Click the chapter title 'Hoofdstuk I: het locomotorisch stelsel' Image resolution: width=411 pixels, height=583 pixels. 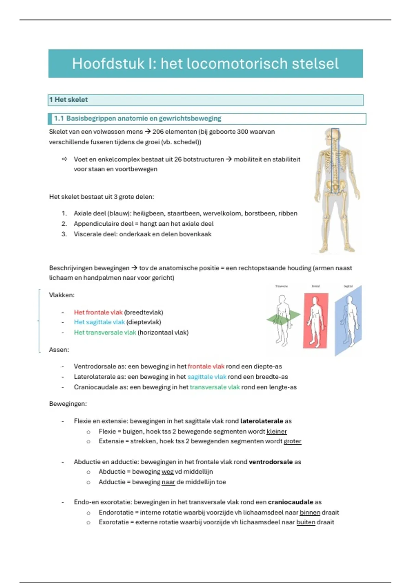pos(205,64)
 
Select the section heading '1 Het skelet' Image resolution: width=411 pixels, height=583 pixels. pos(68,100)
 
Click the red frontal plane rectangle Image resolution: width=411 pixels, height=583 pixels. pos(315,320)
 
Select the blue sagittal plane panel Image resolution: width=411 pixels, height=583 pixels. pos(348,321)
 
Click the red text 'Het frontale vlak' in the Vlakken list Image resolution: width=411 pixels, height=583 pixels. pos(98,312)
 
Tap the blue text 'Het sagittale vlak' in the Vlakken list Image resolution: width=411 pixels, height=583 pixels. pos(99,322)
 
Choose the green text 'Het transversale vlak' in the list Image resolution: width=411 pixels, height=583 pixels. pos(105,332)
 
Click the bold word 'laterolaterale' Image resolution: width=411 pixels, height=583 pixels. pos(262,421)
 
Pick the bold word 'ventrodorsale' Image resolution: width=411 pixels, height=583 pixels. pos(271,462)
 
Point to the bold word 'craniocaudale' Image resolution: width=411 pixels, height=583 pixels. pos(290,502)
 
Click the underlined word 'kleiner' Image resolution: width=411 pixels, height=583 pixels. pos(276,431)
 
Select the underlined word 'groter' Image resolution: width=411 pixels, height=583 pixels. pos(292,441)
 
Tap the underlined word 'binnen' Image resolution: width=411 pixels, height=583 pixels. pos(310,512)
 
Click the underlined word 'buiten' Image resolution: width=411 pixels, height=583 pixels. pos(306,522)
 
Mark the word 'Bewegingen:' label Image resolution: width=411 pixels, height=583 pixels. pos(68,404)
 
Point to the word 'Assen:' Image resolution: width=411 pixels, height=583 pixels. pos(59,350)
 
